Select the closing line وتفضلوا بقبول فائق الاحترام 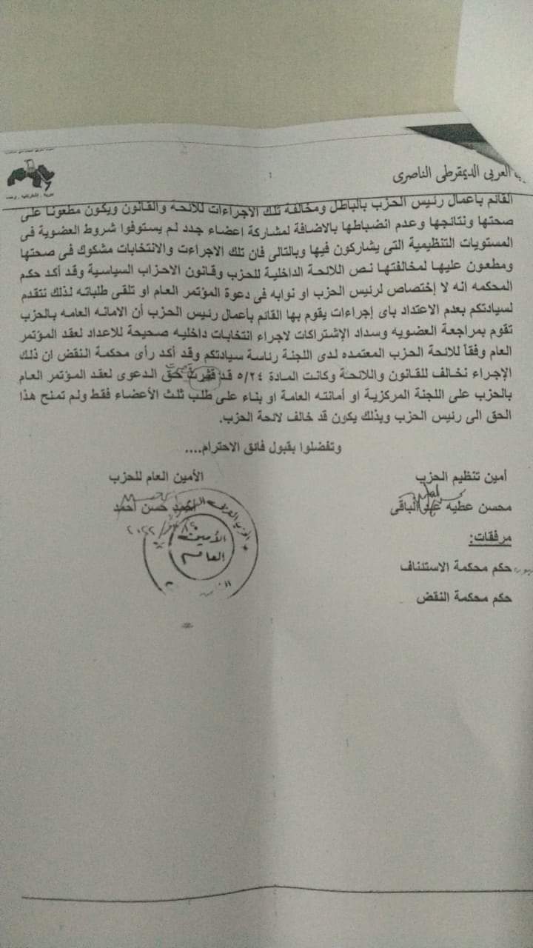pos(255,447)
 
